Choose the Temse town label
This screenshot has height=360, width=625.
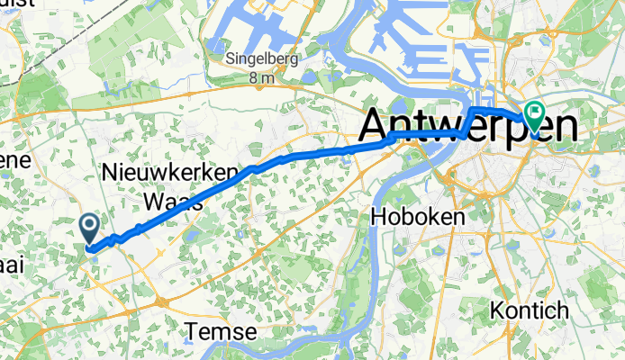click(222, 332)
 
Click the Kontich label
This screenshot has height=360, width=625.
click(530, 310)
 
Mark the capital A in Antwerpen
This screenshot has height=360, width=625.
click(377, 127)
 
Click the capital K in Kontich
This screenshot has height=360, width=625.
click(497, 310)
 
